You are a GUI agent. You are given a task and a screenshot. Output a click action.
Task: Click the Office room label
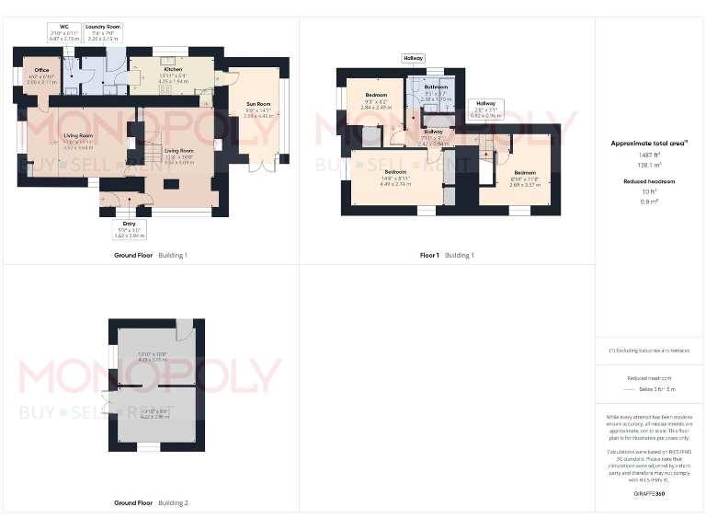pos(42,70)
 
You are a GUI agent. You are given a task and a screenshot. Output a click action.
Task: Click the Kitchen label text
pos(173,70)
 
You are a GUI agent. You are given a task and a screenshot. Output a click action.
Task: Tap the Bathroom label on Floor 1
pos(436,87)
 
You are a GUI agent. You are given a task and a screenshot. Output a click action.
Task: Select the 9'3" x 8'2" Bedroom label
pos(377,95)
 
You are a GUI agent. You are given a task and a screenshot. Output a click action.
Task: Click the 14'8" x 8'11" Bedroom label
pos(395,172)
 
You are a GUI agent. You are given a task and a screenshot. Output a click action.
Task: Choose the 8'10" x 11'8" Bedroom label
pos(525,173)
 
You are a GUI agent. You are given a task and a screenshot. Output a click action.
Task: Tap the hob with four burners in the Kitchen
pos(165,89)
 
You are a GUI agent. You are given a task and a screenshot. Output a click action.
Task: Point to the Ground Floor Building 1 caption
pos(151,255)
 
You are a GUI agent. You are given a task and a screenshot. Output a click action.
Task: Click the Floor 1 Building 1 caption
pos(447,255)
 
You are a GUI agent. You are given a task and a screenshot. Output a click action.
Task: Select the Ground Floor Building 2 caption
pos(151,503)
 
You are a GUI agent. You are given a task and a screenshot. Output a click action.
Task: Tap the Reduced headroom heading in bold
pos(649,181)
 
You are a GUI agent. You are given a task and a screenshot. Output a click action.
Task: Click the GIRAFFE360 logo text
pos(649,494)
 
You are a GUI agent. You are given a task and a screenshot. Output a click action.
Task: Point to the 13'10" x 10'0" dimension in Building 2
pos(153,355)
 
